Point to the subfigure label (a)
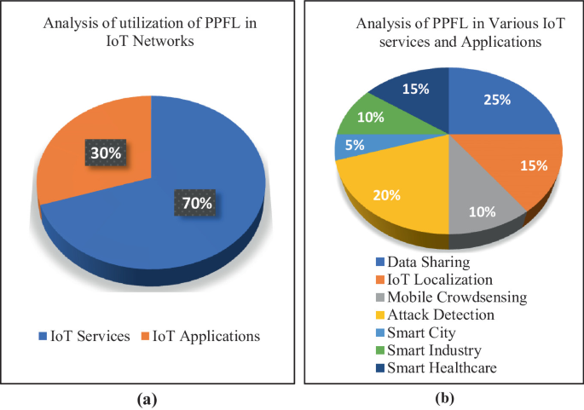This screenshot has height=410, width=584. (147, 398)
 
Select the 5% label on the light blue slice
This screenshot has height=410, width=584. (355, 145)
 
